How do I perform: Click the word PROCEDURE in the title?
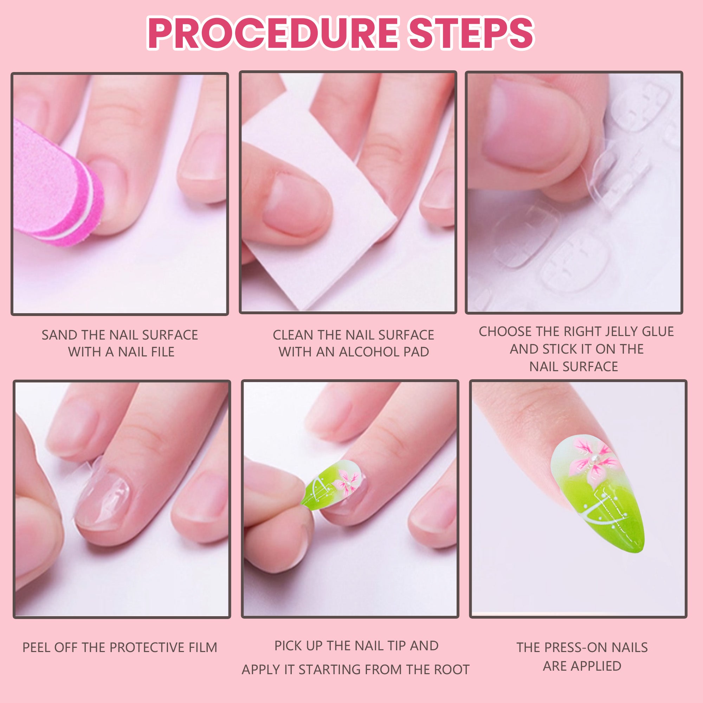[273, 33]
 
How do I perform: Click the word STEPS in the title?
[471, 33]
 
